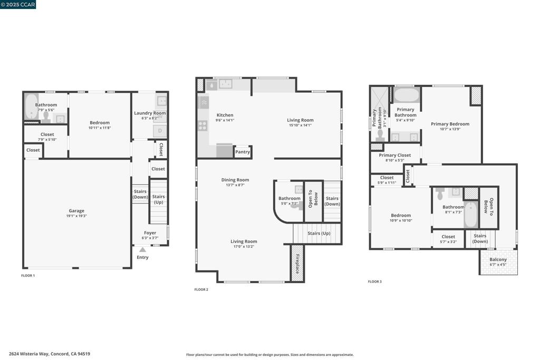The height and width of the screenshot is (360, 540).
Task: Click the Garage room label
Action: coord(76,211)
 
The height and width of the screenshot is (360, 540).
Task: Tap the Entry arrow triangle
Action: coord(142,250)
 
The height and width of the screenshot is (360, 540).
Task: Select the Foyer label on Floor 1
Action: coord(150,232)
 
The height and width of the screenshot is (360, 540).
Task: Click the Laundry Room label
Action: coord(150,113)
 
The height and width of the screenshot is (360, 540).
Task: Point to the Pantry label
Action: coord(243,152)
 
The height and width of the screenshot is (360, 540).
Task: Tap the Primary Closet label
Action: coord(394,155)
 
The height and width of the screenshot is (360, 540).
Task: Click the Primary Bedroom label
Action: coord(450,124)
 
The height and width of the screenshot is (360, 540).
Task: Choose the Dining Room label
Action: coord(235,180)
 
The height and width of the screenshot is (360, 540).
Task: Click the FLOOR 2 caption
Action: coord(201,289)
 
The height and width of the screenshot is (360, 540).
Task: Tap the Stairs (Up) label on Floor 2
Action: coord(319,233)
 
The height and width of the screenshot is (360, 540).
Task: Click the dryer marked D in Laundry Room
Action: coord(160,130)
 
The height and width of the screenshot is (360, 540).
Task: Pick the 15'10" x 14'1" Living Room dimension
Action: coord(300,125)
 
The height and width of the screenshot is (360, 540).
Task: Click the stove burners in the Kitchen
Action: coord(202,125)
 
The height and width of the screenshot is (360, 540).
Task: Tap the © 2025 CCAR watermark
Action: coord(18,5)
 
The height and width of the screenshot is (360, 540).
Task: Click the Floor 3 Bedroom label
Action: coord(401,215)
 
